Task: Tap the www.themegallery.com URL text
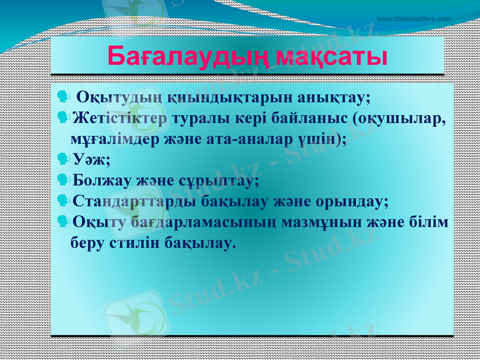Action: point(414,19)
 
